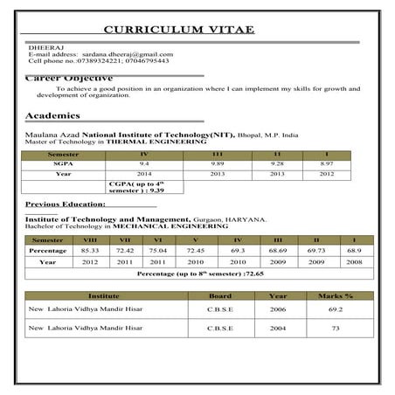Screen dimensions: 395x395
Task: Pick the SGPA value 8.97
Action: point(327,163)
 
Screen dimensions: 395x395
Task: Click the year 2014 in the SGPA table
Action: point(144,174)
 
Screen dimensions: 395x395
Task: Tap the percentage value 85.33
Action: point(90,250)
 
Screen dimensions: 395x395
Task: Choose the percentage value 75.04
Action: point(158,250)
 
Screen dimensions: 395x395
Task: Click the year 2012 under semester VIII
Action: point(90,261)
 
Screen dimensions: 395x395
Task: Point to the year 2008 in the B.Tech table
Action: point(354,261)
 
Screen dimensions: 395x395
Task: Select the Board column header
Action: point(220,295)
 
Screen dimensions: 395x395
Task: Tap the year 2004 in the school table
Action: point(278,328)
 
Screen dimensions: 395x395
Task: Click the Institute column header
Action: point(104,295)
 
